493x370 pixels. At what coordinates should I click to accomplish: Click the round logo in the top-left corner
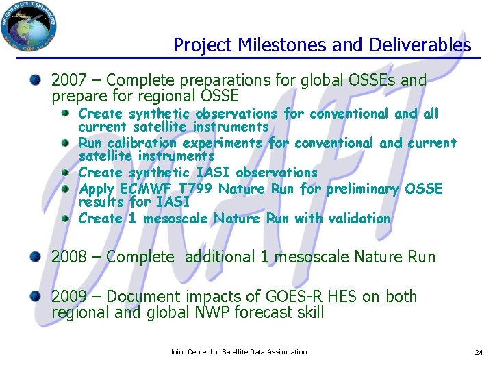coord(29,28)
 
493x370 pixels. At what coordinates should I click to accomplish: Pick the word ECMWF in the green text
coord(146,188)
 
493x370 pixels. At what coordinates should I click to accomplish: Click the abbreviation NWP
coord(210,313)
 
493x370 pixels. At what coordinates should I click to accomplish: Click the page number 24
coord(478,352)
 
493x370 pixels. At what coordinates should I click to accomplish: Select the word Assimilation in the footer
coord(287,352)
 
